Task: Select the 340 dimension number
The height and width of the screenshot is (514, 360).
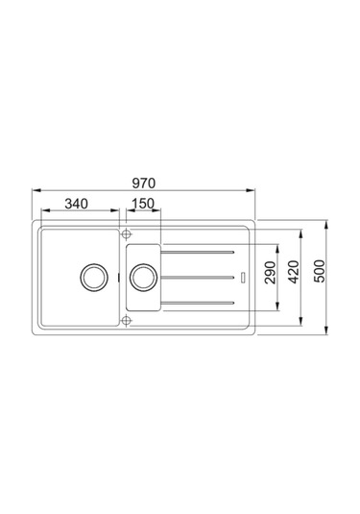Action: tap(79, 204)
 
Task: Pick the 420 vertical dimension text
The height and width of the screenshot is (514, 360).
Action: tap(294, 276)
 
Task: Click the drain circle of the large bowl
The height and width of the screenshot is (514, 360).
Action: tap(94, 277)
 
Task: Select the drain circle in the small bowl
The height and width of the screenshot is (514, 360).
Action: tap(143, 277)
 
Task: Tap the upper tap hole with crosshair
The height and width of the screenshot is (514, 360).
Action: tap(125, 233)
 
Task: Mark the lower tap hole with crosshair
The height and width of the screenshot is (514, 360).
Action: tap(125, 319)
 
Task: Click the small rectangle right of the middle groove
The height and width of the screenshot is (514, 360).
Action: tap(246, 277)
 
